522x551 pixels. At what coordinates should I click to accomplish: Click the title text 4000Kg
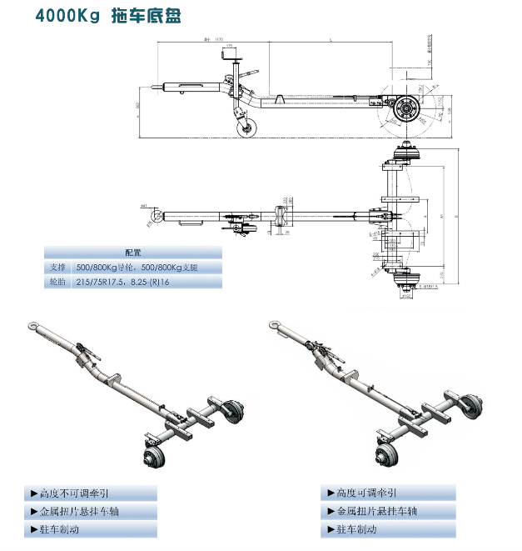pos(68,16)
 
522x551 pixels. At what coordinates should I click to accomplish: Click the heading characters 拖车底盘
pos(146,16)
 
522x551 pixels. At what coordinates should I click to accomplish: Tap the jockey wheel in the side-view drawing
pos(248,128)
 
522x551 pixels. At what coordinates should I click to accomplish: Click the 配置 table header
pos(133,252)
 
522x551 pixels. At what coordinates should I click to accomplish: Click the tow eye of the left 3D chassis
pos(30,328)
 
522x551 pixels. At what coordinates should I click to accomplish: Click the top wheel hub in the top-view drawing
pos(407,155)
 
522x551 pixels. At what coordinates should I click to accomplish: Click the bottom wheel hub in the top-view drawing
pos(408,282)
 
